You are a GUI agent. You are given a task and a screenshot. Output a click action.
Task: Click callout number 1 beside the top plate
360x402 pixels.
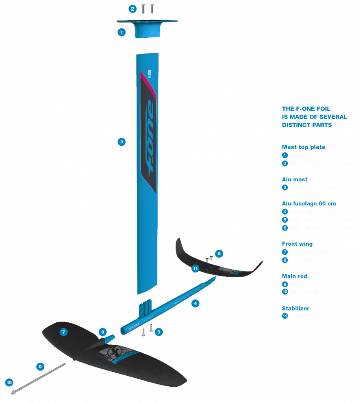(122, 32)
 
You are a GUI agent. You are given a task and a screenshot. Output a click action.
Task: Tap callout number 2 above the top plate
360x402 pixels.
(133, 9)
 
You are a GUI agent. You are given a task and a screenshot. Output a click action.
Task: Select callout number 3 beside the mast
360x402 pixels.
(122, 142)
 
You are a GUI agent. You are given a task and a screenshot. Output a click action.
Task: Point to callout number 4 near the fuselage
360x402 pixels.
(195, 303)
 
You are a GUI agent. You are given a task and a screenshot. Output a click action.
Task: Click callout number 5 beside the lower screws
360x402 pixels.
(159, 332)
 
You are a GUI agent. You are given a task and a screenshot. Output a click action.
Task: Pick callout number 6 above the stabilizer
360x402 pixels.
(219, 253)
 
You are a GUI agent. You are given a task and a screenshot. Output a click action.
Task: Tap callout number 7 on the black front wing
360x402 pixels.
(64, 332)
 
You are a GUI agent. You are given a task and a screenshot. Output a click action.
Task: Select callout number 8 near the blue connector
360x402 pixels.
(103, 332)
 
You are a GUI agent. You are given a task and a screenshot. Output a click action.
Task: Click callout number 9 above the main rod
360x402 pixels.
(40, 367)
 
